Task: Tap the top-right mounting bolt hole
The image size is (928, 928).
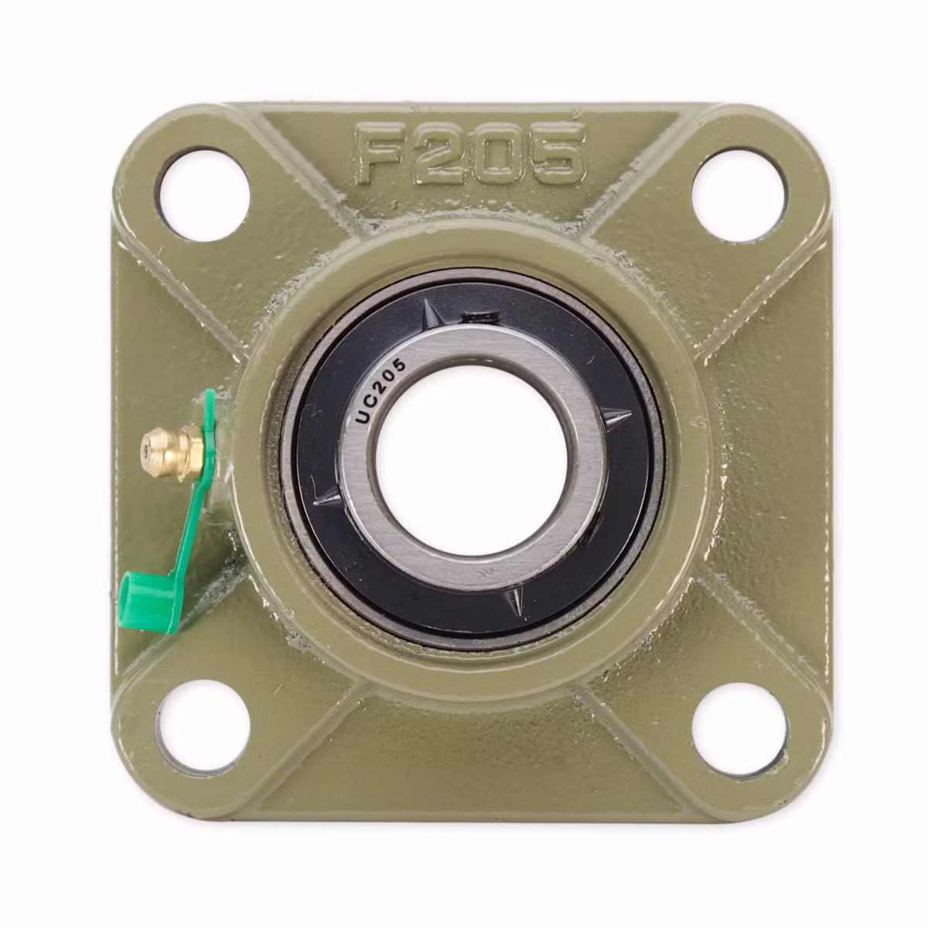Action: point(739,194)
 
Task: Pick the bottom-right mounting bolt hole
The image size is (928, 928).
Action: point(740,728)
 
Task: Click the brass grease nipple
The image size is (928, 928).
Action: point(172,452)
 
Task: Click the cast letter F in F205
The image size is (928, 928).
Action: point(384,154)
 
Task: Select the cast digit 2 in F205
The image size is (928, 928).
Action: point(444,152)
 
